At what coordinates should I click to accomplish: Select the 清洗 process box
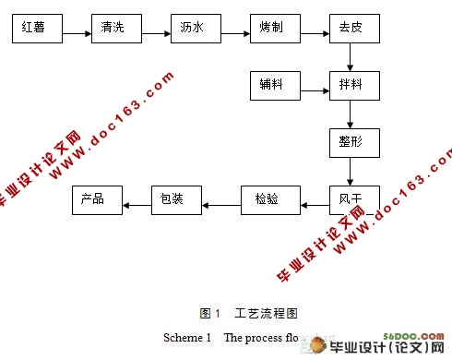pyautogui.click(x=115, y=30)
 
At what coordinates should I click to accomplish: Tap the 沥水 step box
pyautogui.click(x=195, y=30)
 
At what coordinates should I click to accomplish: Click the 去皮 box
pyautogui.click(x=351, y=30)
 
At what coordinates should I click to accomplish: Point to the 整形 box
pyautogui.click(x=351, y=143)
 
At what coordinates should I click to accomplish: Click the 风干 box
pyautogui.click(x=351, y=198)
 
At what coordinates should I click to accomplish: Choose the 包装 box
pyautogui.click(x=176, y=198)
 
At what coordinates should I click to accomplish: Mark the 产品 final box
pyautogui.click(x=97, y=198)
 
